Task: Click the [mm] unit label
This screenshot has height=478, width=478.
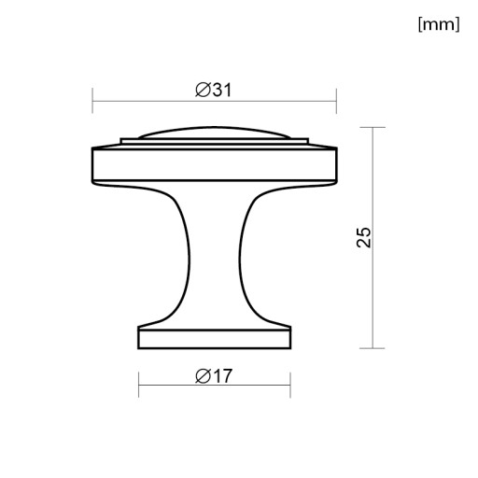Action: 439,24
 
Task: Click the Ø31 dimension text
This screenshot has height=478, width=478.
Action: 214,91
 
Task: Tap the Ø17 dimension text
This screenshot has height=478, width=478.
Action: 214,376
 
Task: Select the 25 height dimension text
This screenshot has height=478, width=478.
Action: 364,237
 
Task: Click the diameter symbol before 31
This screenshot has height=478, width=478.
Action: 203,91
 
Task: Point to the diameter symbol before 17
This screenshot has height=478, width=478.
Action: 203,376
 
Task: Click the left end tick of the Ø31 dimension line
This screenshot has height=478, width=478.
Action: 92,101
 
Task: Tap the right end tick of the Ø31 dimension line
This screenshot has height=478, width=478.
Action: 336,101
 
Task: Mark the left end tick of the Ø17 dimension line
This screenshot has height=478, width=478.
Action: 139,385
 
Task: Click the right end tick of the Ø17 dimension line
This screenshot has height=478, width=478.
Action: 290,385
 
